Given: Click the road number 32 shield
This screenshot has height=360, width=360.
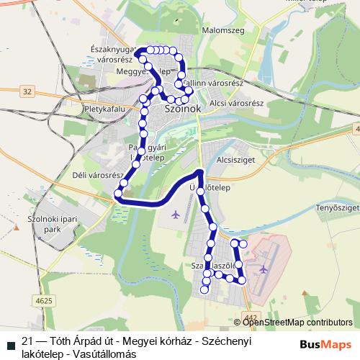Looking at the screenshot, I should [27, 91].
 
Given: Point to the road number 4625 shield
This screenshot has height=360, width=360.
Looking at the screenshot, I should [43, 300].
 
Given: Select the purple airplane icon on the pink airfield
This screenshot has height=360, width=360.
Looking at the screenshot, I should [264, 269].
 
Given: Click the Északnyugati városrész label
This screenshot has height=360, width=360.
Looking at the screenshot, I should [111, 55].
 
